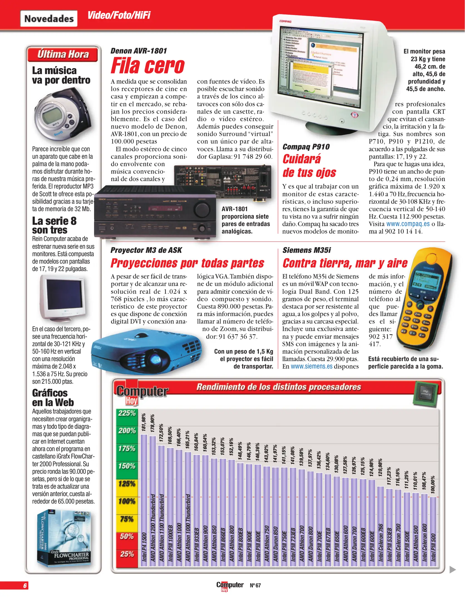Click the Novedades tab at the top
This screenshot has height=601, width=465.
(x=49, y=19)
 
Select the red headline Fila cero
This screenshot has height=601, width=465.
(x=147, y=66)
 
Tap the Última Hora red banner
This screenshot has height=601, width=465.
(x=63, y=54)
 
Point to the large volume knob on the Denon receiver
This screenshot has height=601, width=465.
(x=201, y=210)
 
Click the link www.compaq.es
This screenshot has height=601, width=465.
(x=408, y=224)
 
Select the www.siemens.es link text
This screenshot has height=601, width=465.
(x=311, y=366)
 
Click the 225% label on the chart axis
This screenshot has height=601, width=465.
(x=127, y=413)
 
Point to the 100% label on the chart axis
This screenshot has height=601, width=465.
(x=127, y=502)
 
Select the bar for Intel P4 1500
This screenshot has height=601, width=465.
(x=144, y=501)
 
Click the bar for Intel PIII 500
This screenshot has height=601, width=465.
(x=433, y=531)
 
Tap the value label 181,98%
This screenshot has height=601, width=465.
(x=144, y=422)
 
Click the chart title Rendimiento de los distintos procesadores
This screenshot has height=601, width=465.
(x=279, y=387)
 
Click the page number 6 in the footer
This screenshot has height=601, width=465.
(x=25, y=585)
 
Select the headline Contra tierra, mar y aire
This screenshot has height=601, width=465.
(x=345, y=263)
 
